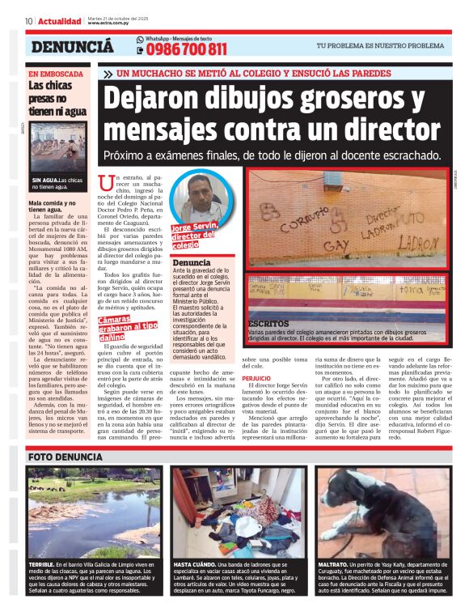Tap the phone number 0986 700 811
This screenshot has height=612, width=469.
(x=187, y=49)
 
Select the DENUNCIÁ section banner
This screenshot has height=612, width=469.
(x=72, y=47)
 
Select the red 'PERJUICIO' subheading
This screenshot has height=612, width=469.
(x=256, y=378)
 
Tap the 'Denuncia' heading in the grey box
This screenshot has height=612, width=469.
(x=191, y=263)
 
